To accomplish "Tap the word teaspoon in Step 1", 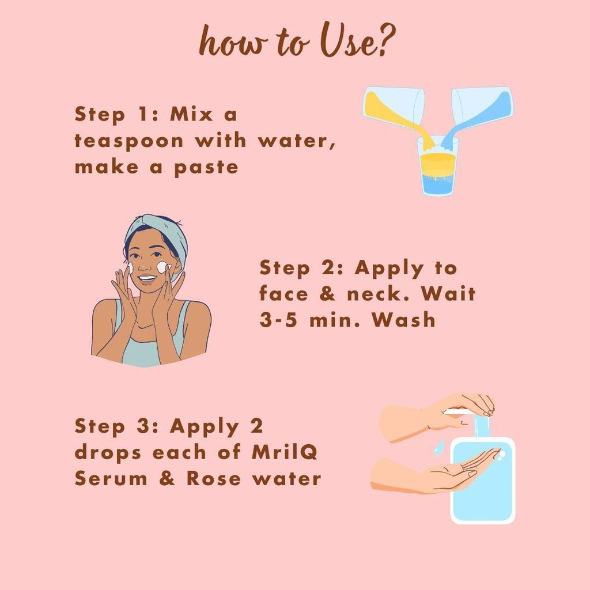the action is [x=129, y=141].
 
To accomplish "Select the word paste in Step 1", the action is [x=206, y=168].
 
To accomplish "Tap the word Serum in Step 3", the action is [x=111, y=478].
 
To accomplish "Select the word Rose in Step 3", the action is [x=214, y=478].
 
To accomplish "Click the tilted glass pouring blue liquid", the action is [x=482, y=107].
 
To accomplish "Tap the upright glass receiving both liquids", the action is [x=438, y=166].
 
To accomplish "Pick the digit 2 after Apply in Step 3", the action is [x=256, y=426].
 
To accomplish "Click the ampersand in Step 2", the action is [x=327, y=294].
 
